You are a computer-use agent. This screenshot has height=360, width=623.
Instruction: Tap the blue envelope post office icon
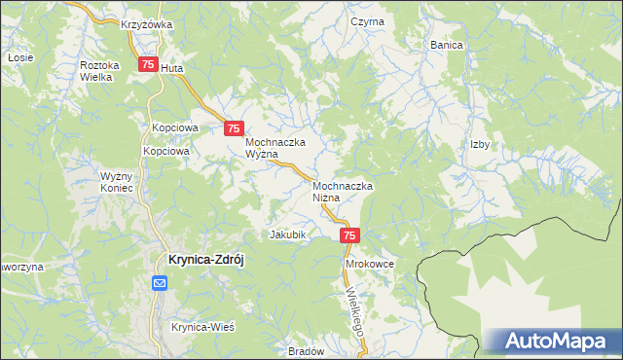point(161,283)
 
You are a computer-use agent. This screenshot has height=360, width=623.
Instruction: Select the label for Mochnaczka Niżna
point(343,191)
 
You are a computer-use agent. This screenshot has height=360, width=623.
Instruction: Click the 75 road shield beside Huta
point(147,65)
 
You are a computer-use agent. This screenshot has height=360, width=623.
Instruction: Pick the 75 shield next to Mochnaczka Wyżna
point(234,128)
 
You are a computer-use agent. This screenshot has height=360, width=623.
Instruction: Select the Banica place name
point(446,45)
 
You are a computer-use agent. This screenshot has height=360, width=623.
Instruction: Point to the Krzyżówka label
point(147,24)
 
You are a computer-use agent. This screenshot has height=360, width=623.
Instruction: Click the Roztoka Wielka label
point(99,70)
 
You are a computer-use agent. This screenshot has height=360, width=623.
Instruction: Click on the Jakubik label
point(288,235)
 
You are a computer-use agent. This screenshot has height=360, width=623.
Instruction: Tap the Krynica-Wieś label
point(203,327)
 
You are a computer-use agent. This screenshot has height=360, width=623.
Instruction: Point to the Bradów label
point(306,351)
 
